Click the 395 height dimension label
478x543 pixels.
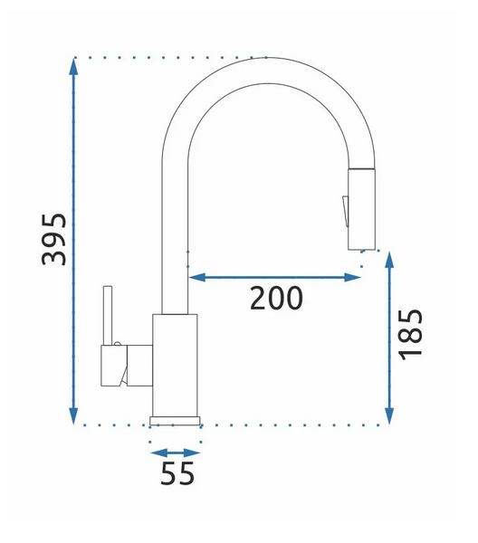(53, 240)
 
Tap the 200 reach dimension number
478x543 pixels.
(276, 298)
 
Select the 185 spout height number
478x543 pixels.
(411, 335)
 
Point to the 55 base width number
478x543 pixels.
(177, 473)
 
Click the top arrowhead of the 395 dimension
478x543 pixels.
(73, 66)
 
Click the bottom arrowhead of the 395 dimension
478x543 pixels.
(73, 415)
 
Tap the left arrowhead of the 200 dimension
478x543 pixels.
(197, 277)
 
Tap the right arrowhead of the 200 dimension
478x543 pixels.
(352, 277)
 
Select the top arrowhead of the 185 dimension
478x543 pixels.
(389, 261)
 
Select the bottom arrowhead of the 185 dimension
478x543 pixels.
(389, 415)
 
